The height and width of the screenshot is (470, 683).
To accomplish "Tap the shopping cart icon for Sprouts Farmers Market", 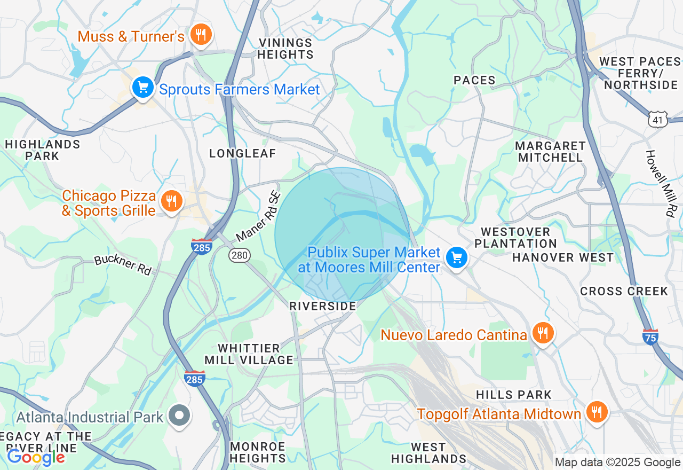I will point(142,88).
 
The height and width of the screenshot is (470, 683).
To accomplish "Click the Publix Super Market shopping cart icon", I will point(456,258).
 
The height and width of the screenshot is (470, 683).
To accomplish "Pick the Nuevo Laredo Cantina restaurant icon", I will point(543,333).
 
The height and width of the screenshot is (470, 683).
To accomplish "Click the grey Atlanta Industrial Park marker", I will point(179,416).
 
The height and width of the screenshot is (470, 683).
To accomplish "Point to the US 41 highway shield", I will point(658,120).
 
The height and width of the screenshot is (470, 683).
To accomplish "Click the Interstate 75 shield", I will point(650,336).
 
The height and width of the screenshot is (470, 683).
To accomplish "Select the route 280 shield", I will point(240,255).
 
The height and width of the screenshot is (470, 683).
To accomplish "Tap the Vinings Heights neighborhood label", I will point(285,49).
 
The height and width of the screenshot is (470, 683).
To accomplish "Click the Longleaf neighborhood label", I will point(243,154).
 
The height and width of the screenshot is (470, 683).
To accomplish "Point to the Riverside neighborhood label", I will point(322,306).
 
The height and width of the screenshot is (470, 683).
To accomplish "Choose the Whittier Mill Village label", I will point(249,354).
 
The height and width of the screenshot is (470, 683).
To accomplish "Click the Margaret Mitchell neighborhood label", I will point(550,152).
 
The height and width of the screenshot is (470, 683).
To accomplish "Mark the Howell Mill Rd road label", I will point(660,183).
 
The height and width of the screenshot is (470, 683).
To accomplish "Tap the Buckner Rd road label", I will point(123,265).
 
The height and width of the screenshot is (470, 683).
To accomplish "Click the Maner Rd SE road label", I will point(258,217).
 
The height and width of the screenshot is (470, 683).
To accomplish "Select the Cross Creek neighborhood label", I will point(624,292).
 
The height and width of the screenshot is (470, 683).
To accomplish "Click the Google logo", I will point(36,457).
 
